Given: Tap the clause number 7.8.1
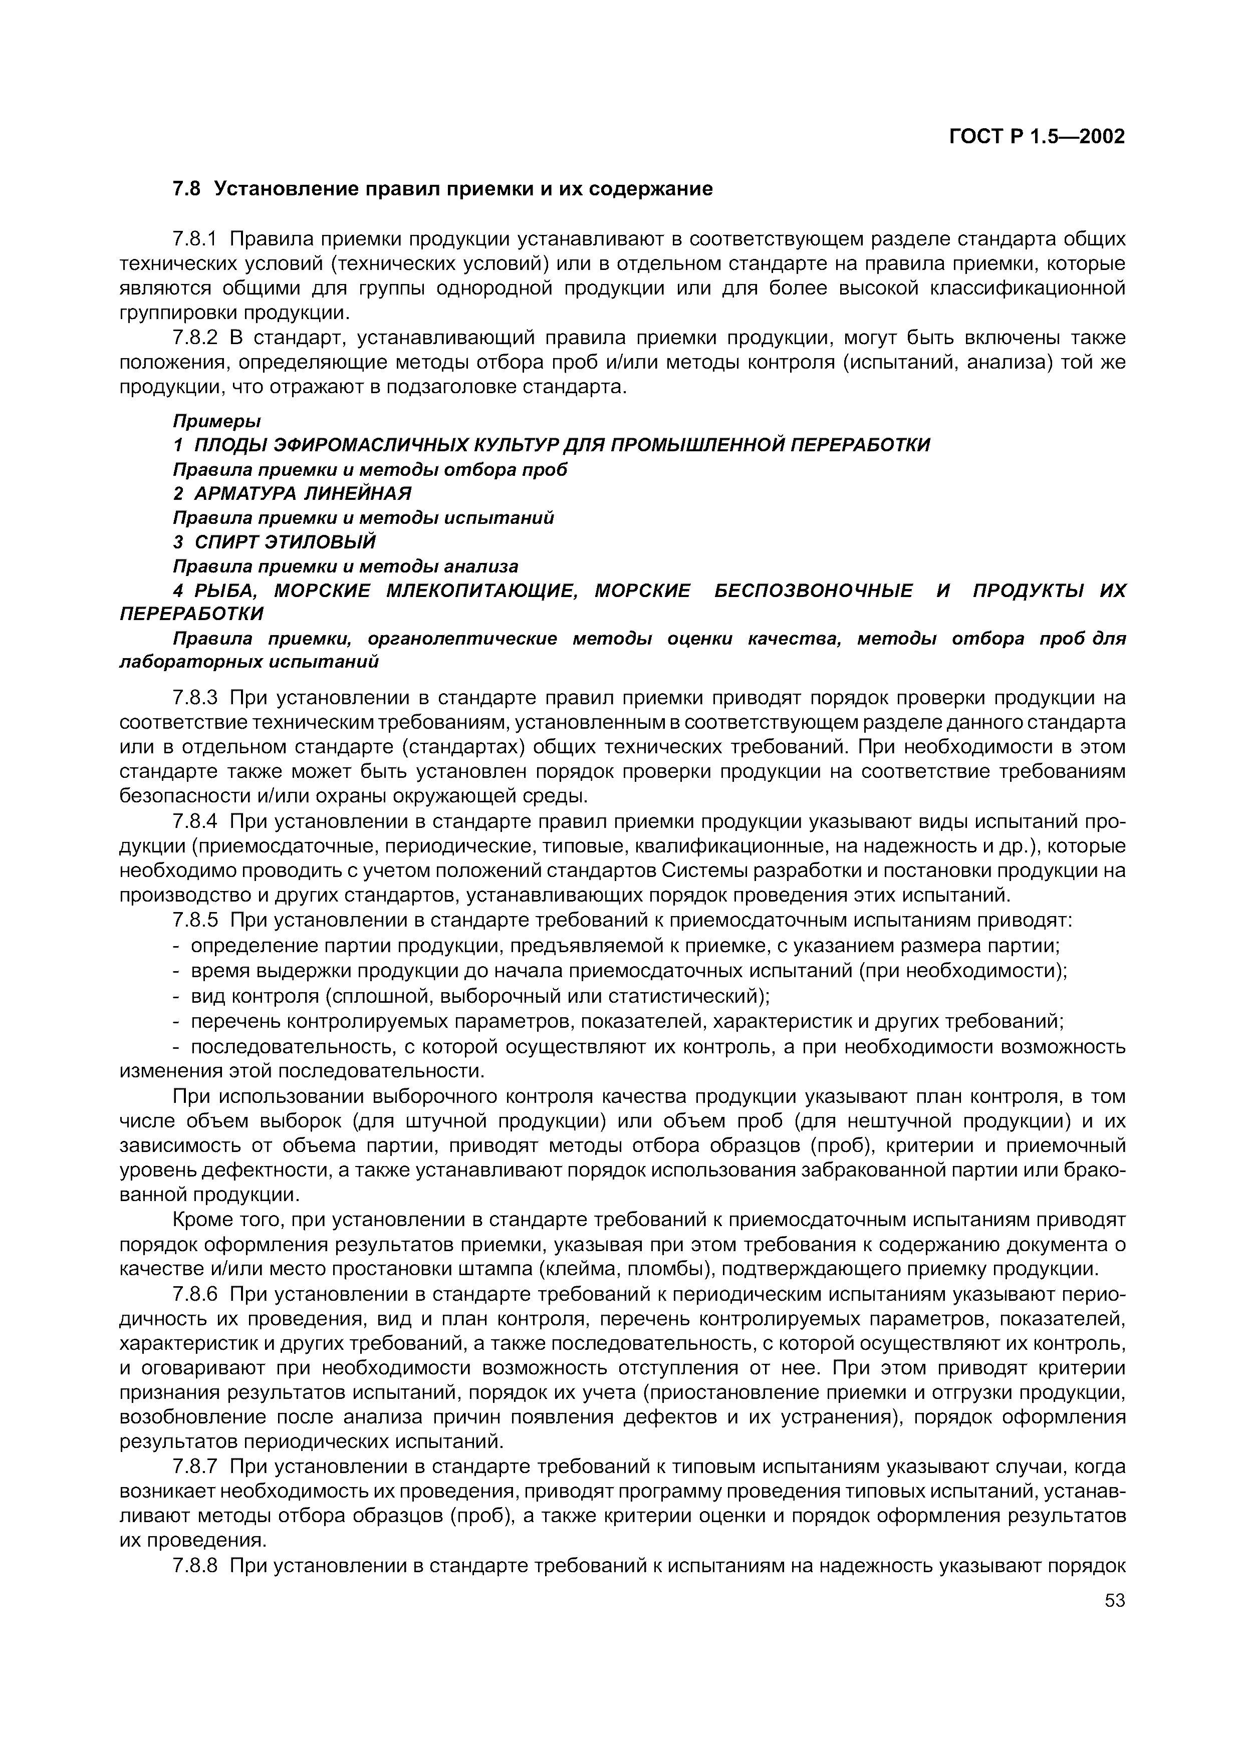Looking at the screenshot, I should (x=195, y=239).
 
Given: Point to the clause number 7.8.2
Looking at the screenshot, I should (x=195, y=338).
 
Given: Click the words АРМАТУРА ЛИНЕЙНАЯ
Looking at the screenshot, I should (x=302, y=493).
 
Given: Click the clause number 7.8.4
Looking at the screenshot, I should (x=195, y=822).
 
